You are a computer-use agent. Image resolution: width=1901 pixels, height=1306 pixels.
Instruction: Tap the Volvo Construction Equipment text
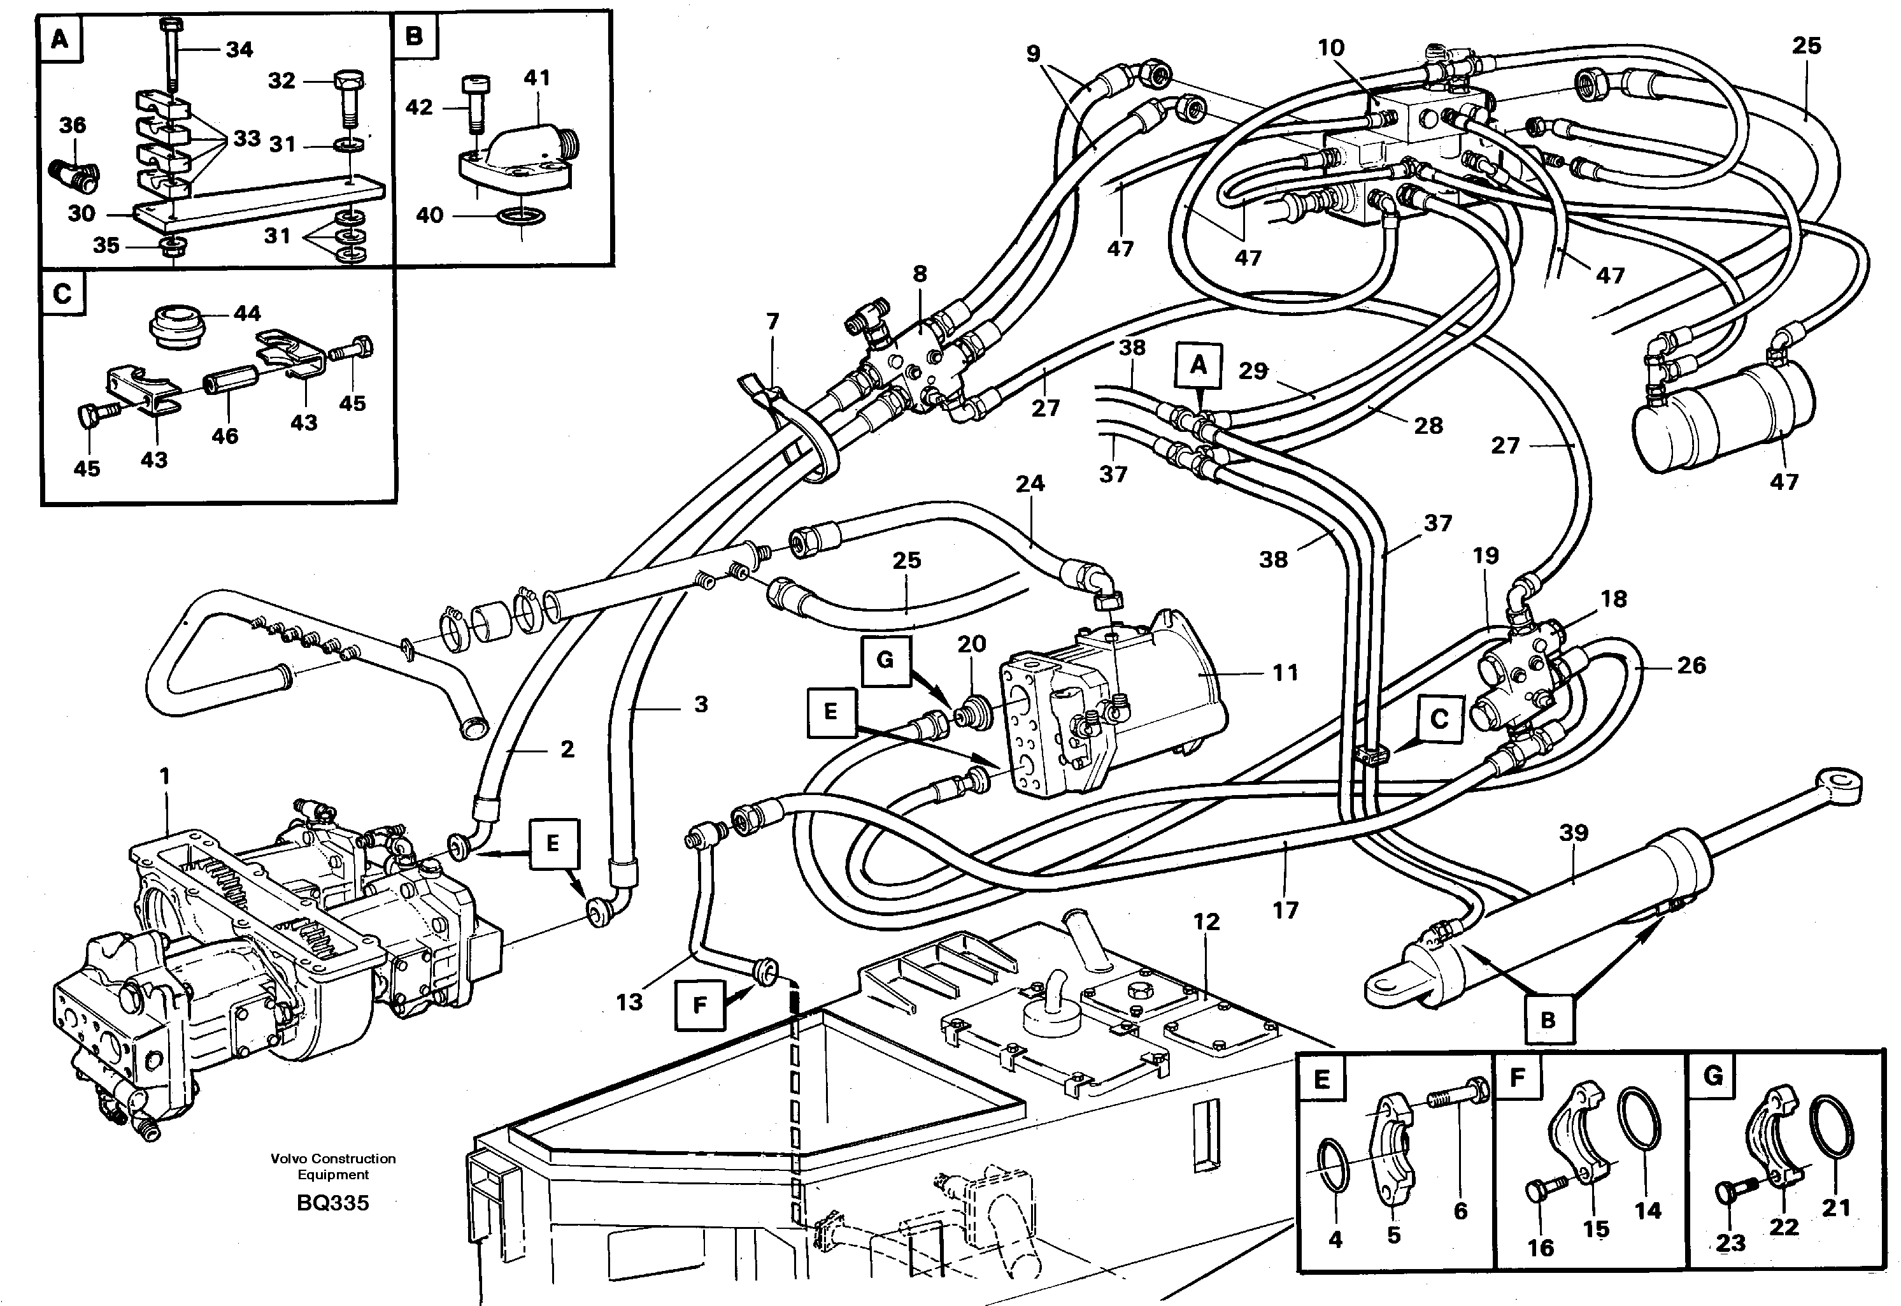click(333, 1166)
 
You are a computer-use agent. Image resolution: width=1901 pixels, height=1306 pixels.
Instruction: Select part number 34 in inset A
click(239, 50)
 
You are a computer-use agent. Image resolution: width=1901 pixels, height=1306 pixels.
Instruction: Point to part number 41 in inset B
click(537, 78)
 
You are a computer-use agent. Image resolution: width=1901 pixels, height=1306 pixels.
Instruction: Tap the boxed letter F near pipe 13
click(699, 1004)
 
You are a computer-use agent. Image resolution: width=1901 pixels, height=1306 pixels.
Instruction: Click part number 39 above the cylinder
click(1573, 833)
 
